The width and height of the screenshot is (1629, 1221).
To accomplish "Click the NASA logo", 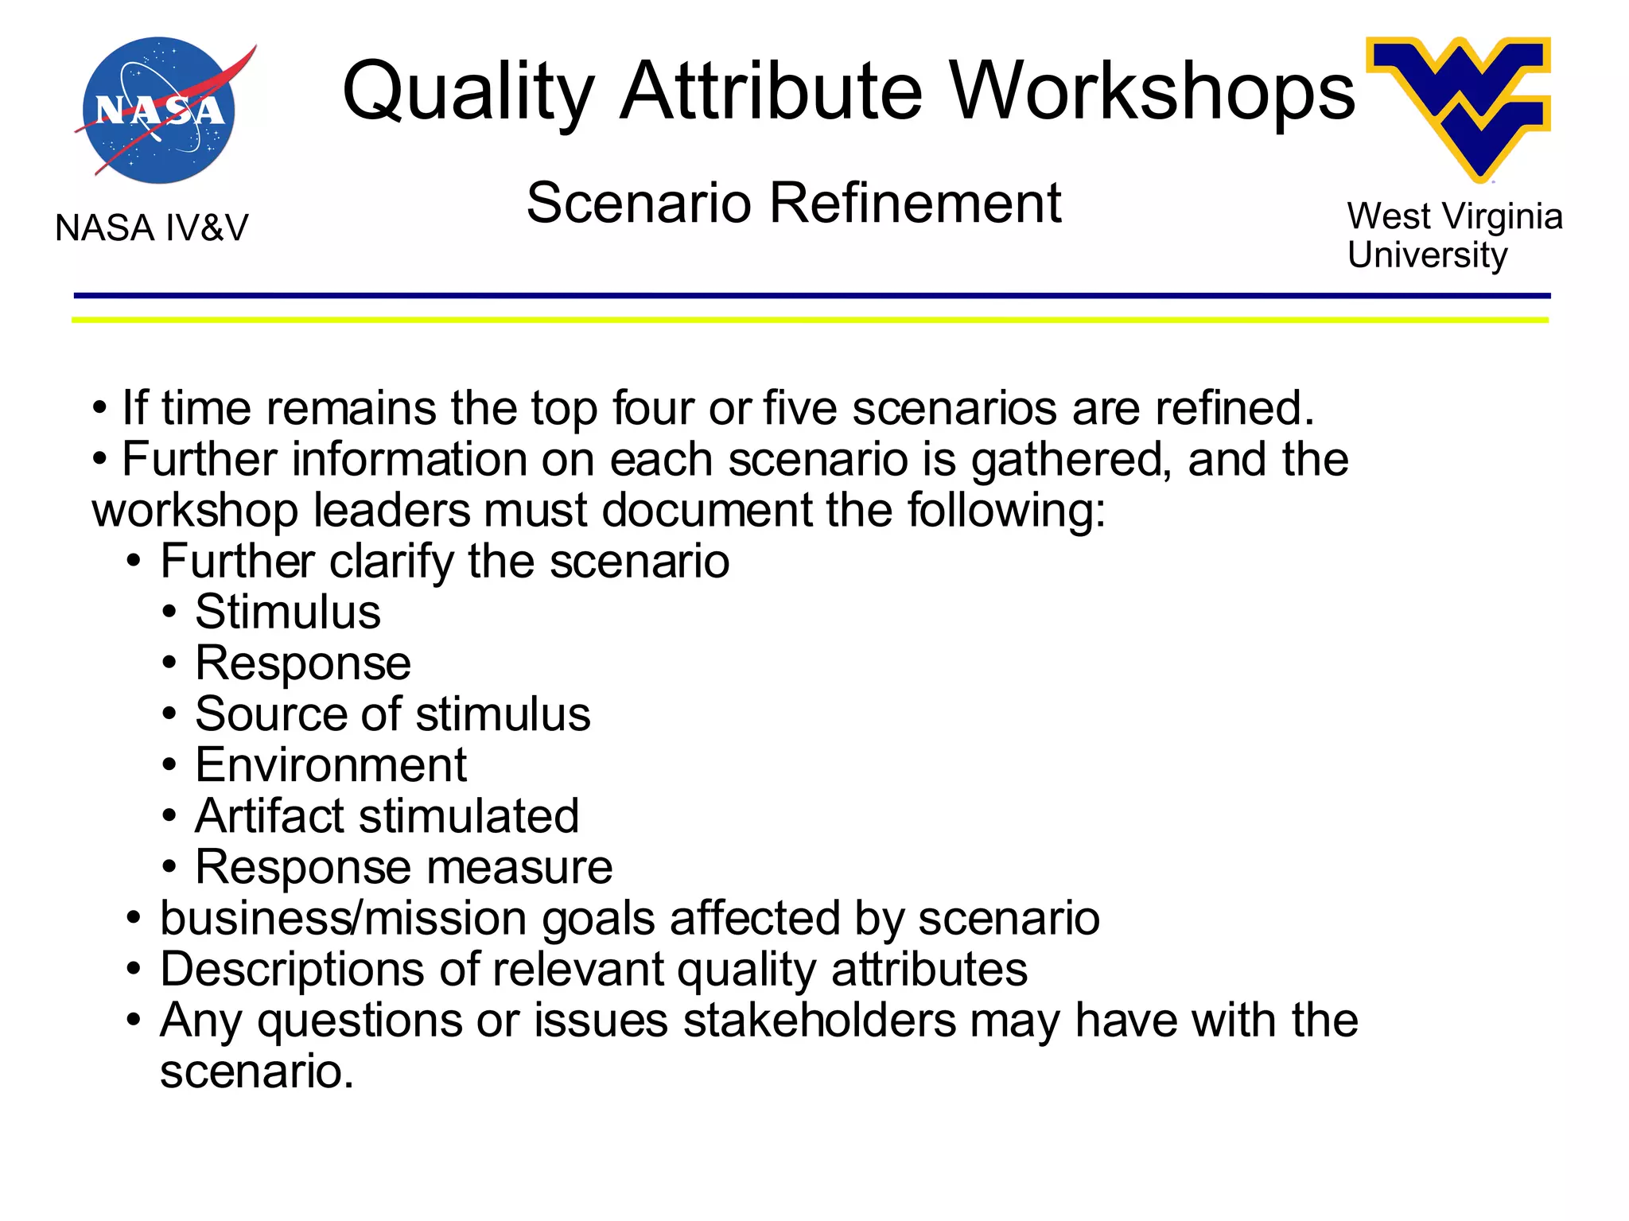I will coord(159,110).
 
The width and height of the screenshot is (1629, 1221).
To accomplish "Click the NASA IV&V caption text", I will coord(151,228).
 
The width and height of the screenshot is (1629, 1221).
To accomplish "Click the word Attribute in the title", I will coord(771,91).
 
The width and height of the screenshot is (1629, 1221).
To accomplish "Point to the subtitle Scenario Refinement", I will coord(793,203).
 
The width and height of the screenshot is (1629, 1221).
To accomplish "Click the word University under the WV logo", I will coord(1427,255).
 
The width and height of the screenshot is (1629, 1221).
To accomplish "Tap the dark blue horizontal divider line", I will coord(811,296).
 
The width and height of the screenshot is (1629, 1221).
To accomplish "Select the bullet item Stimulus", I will coord(287,612).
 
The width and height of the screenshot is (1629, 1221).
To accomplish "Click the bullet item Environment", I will coord(330,765).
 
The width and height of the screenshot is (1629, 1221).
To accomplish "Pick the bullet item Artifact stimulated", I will coord(387,816).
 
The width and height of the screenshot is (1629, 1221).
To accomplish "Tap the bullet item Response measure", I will coord(403,867).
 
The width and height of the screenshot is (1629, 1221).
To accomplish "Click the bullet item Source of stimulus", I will coord(392,714).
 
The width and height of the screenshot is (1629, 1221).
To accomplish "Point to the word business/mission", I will coord(343,919).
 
